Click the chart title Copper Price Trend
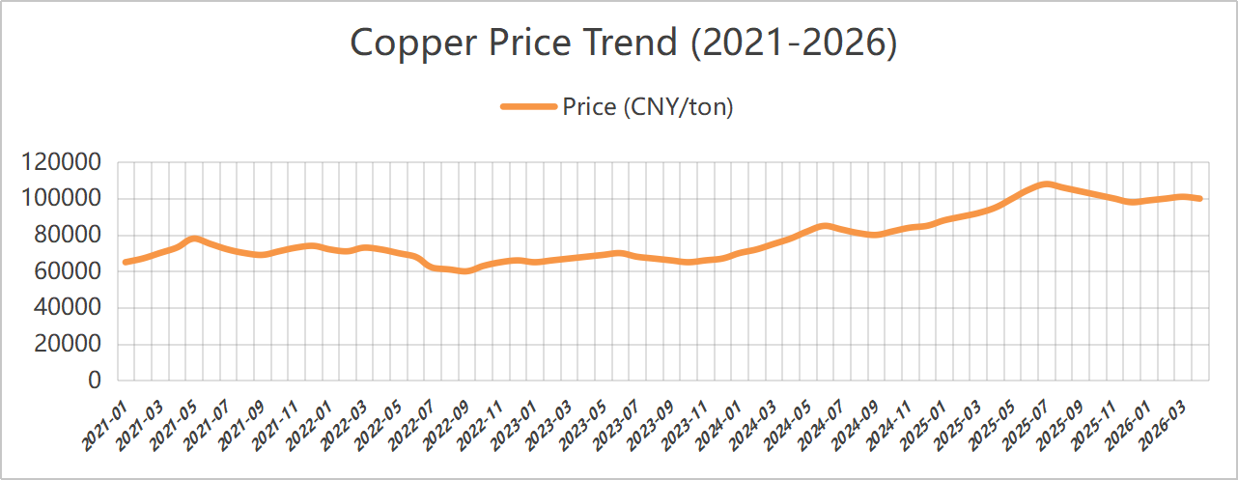coord(623,43)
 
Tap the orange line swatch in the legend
coord(529,107)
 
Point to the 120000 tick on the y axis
coord(60,163)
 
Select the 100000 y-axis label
coord(60,199)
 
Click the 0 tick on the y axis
coord(94,381)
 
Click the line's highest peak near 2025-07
coord(1046,184)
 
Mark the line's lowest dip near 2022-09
coord(467,271)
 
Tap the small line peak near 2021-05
coord(194,238)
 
